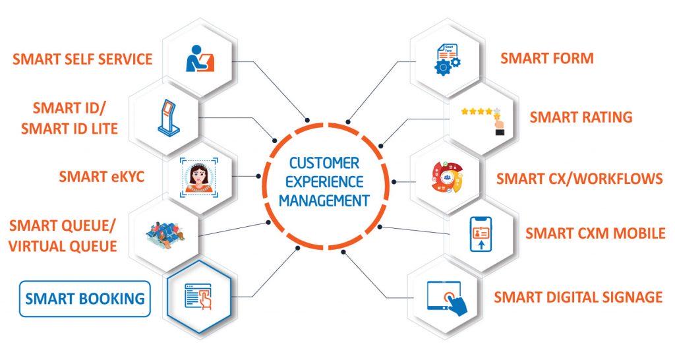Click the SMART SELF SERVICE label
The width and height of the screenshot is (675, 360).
click(x=82, y=59)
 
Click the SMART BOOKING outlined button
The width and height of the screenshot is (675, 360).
click(x=84, y=298)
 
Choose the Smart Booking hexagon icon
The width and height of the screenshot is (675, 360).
click(x=199, y=298)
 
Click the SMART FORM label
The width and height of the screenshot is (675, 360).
click(x=546, y=58)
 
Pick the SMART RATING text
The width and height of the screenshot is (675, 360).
click(x=581, y=117)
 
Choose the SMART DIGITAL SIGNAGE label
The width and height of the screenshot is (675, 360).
click(x=577, y=297)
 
